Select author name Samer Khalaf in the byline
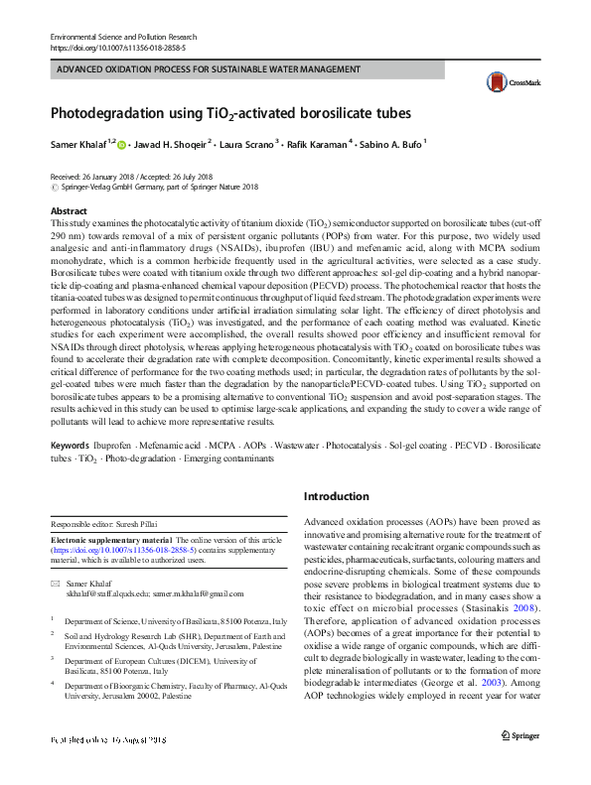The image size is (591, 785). [x=78, y=145]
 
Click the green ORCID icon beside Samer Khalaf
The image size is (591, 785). [x=122, y=145]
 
